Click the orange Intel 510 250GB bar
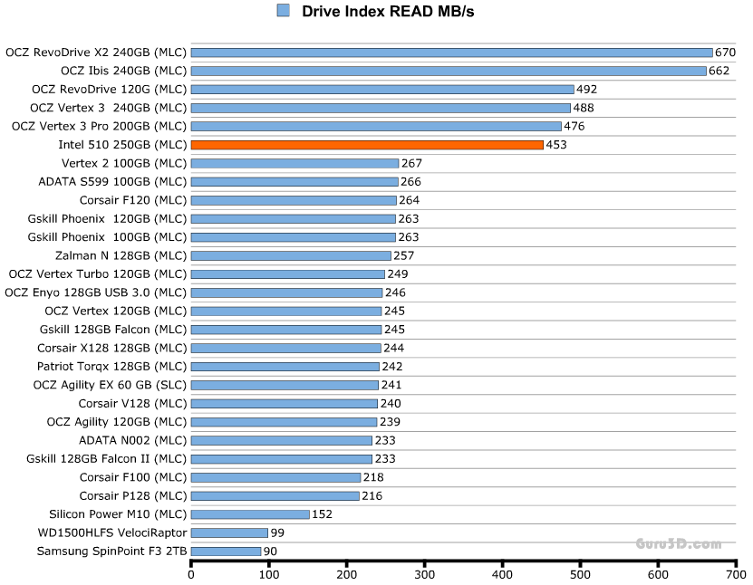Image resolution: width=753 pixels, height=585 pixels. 367,145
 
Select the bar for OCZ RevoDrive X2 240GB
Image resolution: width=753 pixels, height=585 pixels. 451,53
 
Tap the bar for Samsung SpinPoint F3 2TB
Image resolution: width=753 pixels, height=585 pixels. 226,551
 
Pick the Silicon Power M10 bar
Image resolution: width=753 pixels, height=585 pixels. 250,514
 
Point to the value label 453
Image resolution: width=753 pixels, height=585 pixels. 556,145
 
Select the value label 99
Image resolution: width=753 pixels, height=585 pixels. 277,532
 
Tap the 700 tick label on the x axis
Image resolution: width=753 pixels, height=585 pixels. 736,574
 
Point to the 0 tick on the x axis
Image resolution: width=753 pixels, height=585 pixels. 191,574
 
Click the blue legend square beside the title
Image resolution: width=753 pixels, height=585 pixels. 283,11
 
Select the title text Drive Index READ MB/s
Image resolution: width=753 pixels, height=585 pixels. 388,11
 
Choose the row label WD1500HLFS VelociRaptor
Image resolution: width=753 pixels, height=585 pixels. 112,532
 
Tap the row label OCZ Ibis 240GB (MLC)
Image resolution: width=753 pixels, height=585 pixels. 124,71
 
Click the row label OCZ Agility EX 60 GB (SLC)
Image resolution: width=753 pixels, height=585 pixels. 111,385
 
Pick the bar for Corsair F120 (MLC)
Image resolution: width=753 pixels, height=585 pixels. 294,200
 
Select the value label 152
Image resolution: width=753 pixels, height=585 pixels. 323,514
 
